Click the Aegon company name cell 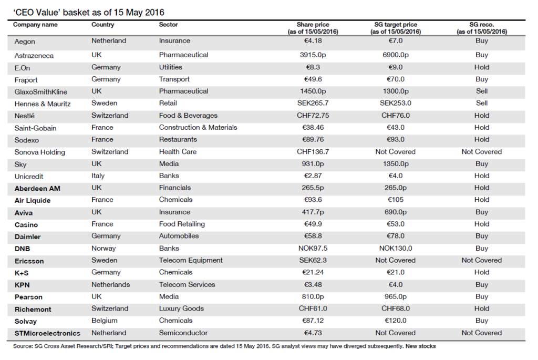coord(25,42)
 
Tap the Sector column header coord(168,25)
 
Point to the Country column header coord(102,25)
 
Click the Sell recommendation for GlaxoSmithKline coord(481,91)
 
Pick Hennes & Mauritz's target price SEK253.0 coord(396,104)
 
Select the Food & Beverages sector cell coord(188,116)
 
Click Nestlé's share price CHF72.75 coord(313,116)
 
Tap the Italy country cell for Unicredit coord(98,176)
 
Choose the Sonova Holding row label coord(40,152)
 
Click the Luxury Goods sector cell coord(181,309)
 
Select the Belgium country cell coord(105,321)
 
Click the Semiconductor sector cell coord(183,333)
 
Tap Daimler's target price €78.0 coord(396,236)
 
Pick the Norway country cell coord(104,249)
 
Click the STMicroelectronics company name coord(47,333)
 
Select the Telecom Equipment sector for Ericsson coord(191,261)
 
